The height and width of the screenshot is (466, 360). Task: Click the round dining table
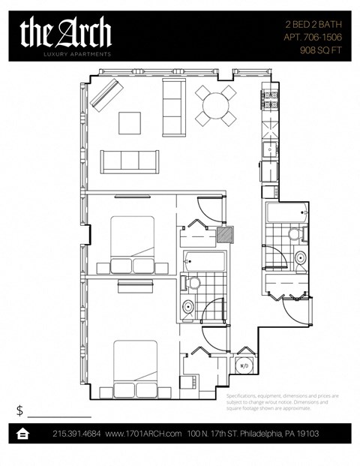click(215, 105)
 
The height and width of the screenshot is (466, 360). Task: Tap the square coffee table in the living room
click(129, 122)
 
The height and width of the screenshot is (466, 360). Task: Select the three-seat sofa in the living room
click(130, 161)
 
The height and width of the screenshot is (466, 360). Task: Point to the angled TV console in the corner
click(106, 93)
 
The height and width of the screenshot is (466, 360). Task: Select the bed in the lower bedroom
click(134, 369)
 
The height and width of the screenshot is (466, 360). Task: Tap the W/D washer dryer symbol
click(244, 366)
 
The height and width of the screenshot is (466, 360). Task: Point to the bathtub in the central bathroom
click(203, 260)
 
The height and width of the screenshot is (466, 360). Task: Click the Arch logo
click(66, 35)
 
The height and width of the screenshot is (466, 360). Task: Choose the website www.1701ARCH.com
click(144, 434)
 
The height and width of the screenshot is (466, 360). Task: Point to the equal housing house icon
click(23, 434)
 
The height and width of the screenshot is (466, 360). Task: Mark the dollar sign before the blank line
click(20, 410)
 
